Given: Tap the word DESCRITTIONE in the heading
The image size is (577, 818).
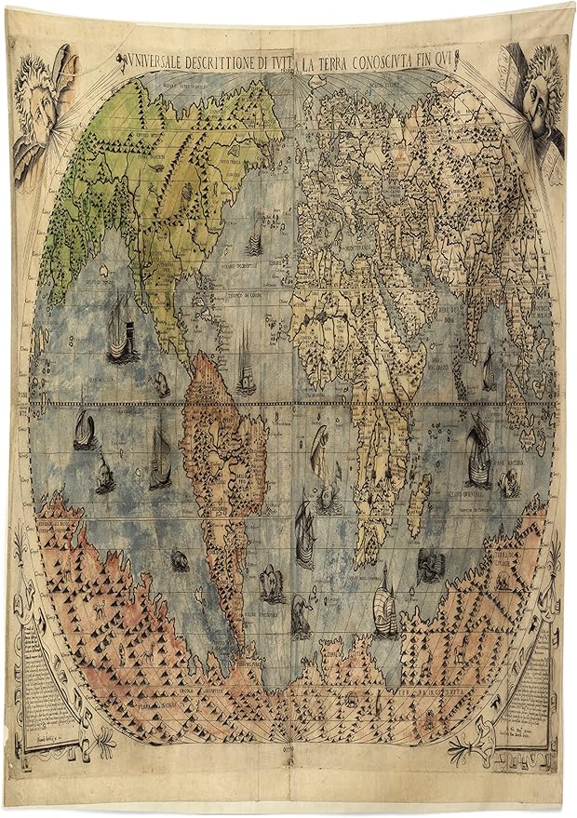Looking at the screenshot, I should point(232,62).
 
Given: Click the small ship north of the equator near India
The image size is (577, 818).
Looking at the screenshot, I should point(489,369).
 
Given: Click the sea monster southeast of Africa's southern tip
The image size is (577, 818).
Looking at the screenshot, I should point(429,563).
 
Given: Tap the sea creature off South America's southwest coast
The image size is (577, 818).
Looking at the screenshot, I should point(178,558).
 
